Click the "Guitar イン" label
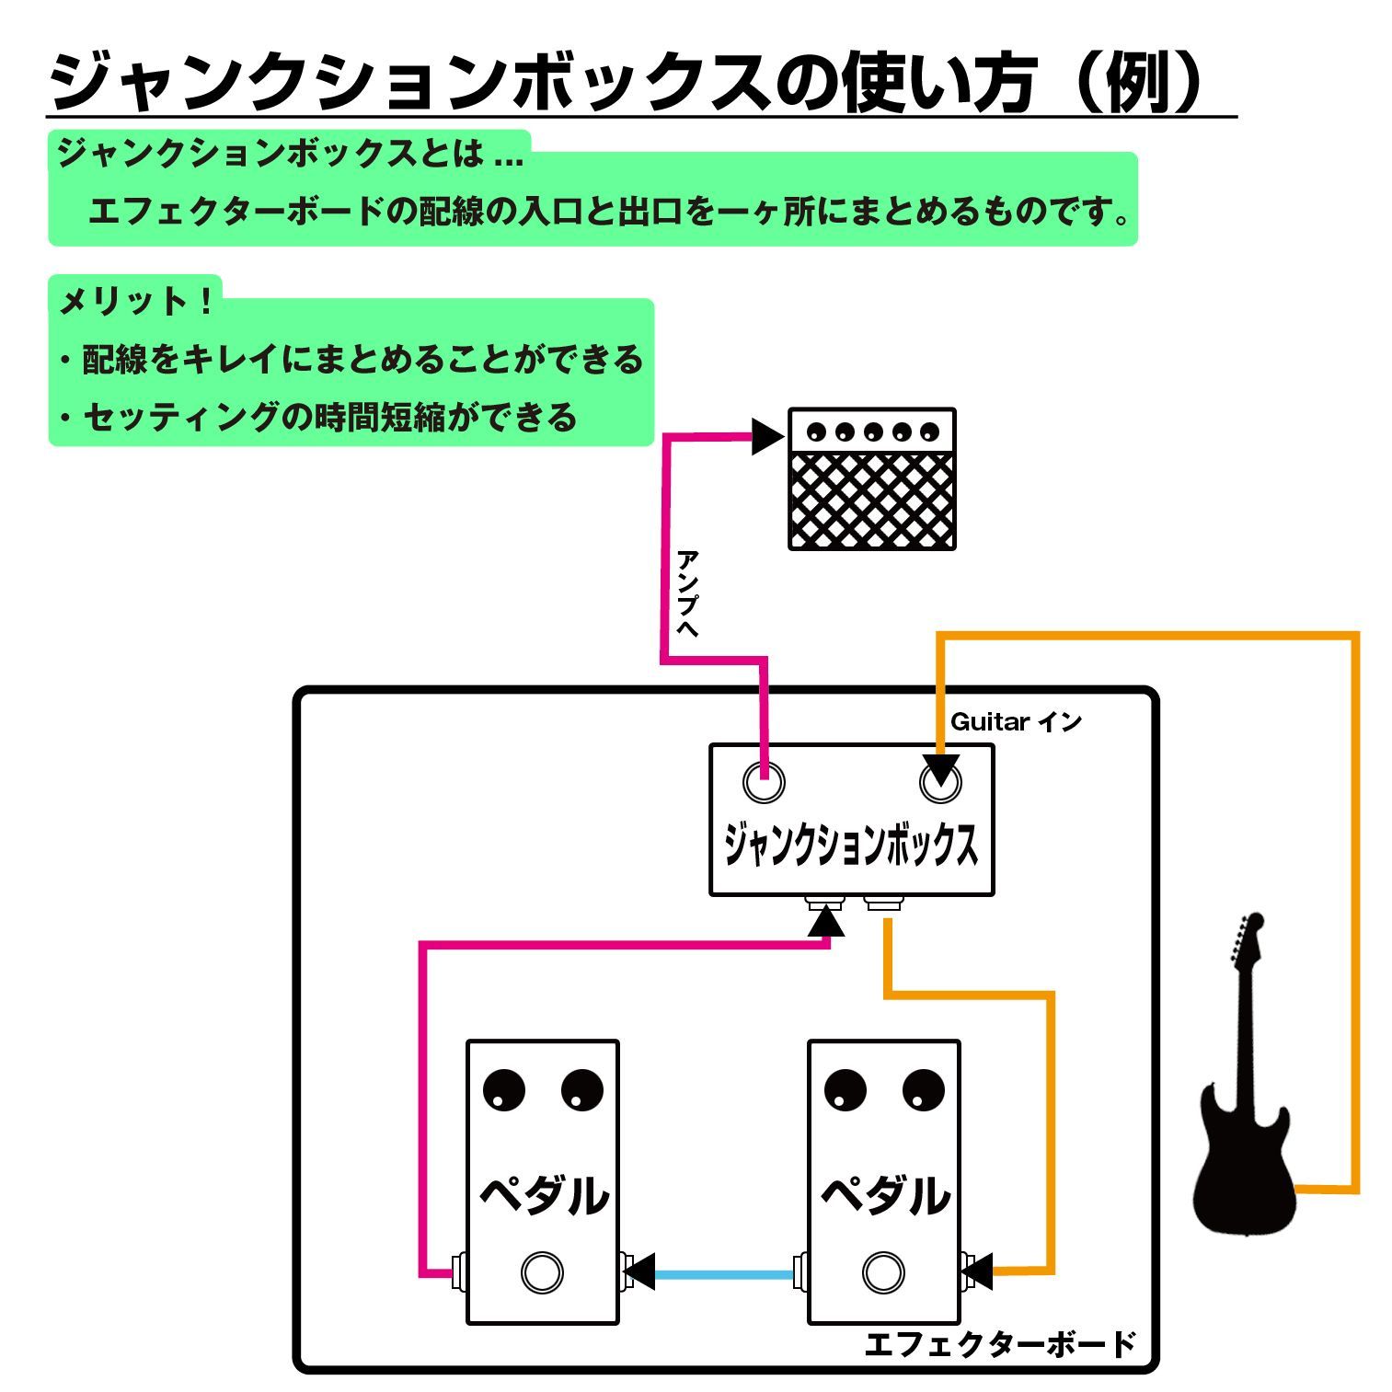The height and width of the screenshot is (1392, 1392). [1015, 722]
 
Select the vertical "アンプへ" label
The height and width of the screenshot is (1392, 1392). [686, 593]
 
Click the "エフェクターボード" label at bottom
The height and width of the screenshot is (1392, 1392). [1000, 1344]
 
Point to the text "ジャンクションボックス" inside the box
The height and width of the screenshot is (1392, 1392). [851, 845]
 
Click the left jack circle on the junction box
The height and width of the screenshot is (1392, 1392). [764, 783]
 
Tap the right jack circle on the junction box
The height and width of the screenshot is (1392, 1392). [940, 783]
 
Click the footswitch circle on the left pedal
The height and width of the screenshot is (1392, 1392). [542, 1273]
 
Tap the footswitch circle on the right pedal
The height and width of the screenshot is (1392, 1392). [883, 1273]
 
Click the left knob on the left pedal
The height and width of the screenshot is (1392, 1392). [503, 1091]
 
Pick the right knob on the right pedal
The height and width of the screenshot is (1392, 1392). [924, 1091]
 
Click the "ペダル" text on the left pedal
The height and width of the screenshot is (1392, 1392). [544, 1195]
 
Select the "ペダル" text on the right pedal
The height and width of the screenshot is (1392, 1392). [885, 1195]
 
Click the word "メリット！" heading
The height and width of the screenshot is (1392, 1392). [136, 301]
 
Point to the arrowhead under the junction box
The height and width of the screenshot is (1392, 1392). [826, 921]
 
